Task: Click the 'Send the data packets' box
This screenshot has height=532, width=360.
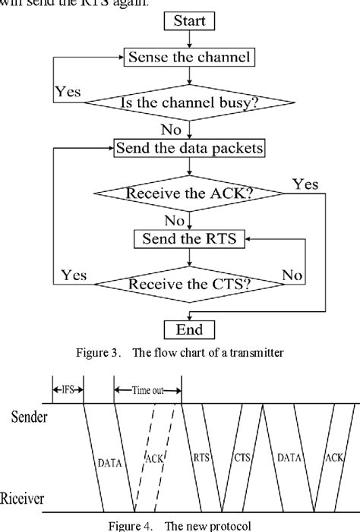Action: pyautogui.click(x=190, y=148)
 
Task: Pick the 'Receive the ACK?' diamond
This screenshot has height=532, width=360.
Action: pyautogui.click(x=190, y=194)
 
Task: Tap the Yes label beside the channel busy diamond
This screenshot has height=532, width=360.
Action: pyautogui.click(x=68, y=92)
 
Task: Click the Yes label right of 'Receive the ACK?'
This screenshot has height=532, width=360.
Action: pyautogui.click(x=305, y=184)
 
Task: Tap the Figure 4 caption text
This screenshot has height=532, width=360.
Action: pyautogui.click(x=179, y=524)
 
